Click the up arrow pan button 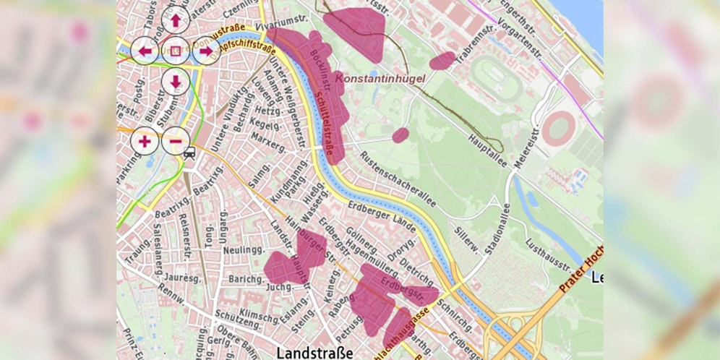click(x=176, y=20)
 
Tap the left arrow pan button click(x=145, y=51)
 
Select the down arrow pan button click(x=176, y=81)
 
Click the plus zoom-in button click(x=145, y=140)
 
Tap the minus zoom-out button click(x=176, y=140)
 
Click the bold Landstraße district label click(x=315, y=352)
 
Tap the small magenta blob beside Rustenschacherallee click(x=400, y=134)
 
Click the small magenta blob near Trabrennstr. click(x=442, y=60)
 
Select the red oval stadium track click(x=559, y=129)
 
